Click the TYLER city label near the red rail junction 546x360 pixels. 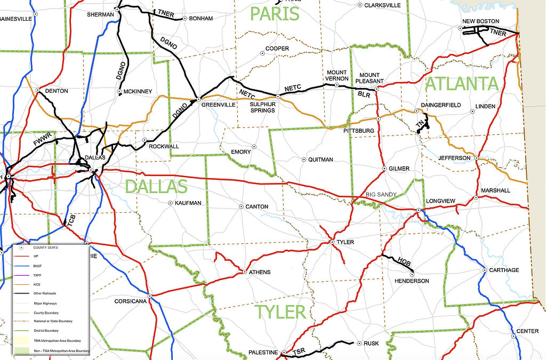345,242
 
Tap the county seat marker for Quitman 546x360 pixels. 304,159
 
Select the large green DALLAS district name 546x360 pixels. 156,187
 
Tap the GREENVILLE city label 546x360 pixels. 218,105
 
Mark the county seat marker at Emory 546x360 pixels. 254,147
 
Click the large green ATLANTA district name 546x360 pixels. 461,84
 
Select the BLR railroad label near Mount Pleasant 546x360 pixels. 364,94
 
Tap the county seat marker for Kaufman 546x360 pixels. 170,203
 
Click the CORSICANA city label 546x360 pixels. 131,301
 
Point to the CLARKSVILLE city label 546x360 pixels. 382,5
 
